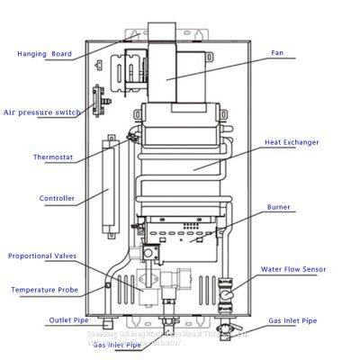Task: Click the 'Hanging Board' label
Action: click(44, 54)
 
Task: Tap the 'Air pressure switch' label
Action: click(41, 112)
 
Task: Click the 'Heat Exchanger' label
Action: click(292, 142)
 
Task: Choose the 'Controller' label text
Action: click(56, 198)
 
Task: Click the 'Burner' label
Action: click(279, 208)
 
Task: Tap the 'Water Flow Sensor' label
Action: click(293, 268)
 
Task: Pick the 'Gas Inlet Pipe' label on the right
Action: click(292, 321)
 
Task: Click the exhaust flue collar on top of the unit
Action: click(166, 31)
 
